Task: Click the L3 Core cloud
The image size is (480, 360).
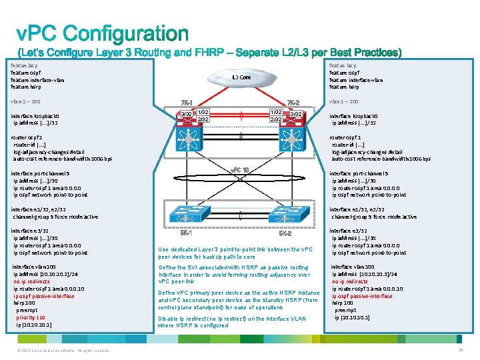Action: (x=241, y=78)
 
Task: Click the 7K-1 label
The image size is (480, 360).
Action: (x=187, y=102)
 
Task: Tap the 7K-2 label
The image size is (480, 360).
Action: (x=293, y=102)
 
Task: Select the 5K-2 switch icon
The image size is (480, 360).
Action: (x=285, y=214)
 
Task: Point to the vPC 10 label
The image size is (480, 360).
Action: (x=239, y=169)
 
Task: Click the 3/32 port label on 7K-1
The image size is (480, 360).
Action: (x=187, y=115)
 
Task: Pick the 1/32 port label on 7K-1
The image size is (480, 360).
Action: (x=203, y=112)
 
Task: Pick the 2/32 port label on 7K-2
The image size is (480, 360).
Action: (x=275, y=119)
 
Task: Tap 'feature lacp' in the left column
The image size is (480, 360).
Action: (x=24, y=65)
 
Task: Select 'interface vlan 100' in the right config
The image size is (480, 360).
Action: (x=354, y=267)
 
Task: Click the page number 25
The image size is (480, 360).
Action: (x=461, y=351)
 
